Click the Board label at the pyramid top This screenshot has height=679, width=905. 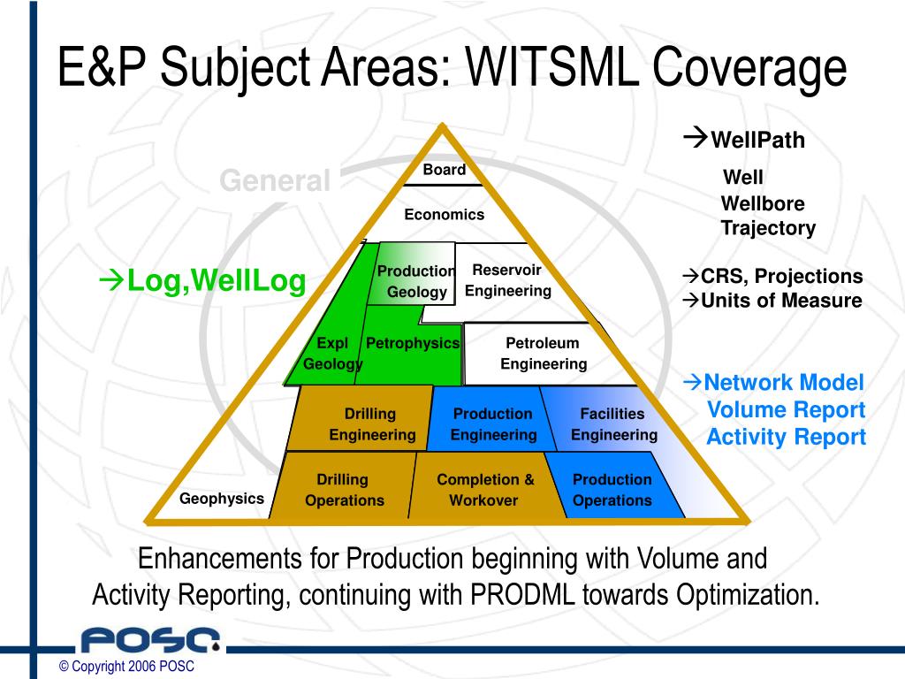(x=444, y=170)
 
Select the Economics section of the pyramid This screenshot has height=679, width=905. (x=444, y=214)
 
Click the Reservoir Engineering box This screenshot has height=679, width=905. (x=507, y=280)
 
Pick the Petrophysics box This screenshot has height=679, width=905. (x=413, y=343)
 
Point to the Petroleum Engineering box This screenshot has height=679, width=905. (x=543, y=354)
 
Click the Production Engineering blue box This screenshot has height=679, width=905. (x=493, y=424)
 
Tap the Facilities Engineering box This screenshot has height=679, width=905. (x=613, y=424)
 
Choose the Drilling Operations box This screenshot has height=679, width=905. (x=344, y=490)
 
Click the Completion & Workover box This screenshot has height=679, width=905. (x=484, y=490)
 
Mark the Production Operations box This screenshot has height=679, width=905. (x=612, y=490)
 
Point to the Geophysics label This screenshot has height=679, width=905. (x=222, y=499)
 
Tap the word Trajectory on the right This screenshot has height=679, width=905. (x=767, y=228)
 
